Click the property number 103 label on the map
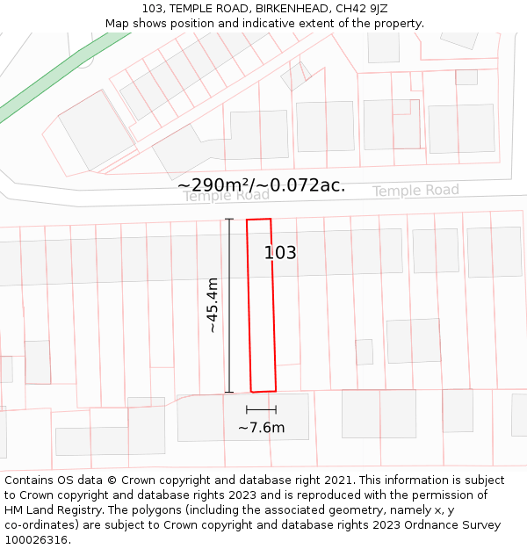coord(280,253)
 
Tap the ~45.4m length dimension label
coord(213,305)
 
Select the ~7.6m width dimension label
coord(261,428)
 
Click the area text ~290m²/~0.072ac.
coord(261,185)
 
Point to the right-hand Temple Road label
coord(415,191)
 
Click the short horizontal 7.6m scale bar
coord(261,409)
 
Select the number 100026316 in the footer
coord(37,540)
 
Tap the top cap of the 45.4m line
coord(229,219)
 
